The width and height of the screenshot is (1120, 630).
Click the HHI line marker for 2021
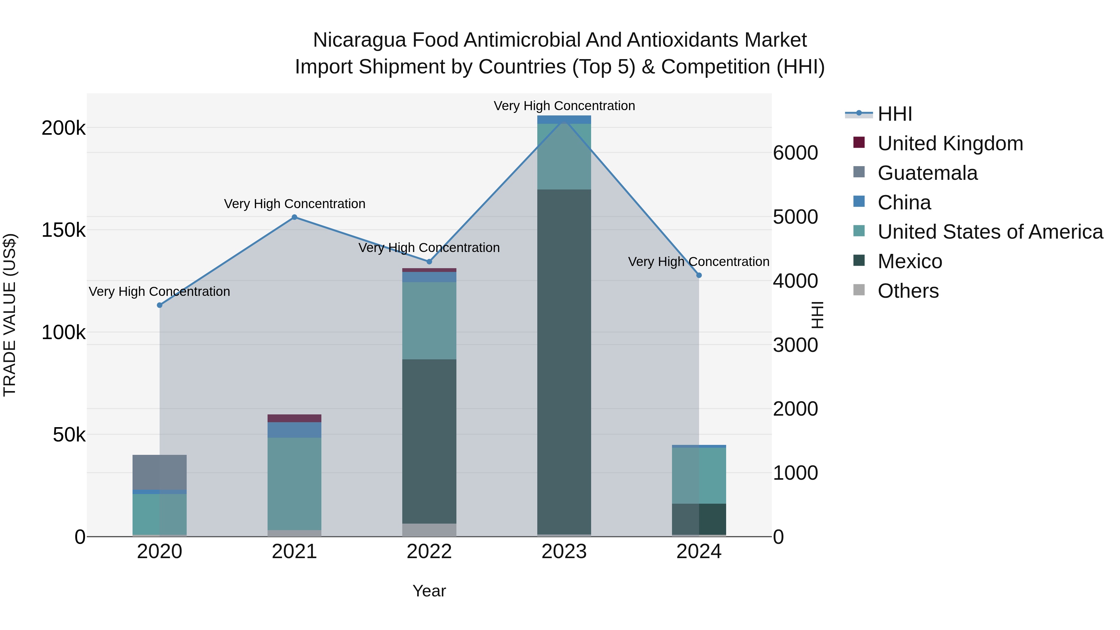point(294,217)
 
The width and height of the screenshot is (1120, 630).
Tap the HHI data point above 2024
point(699,275)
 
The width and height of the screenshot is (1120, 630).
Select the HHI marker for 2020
point(160,305)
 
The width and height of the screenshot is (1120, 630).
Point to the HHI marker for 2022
point(429,262)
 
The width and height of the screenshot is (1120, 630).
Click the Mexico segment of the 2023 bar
point(564,361)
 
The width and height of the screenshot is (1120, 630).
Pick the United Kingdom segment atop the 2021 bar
point(294,418)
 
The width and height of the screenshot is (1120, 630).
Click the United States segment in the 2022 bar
point(429,320)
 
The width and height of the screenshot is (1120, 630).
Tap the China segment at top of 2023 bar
point(564,119)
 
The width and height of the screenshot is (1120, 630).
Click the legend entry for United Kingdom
point(950,143)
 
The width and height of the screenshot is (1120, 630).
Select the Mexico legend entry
point(910,261)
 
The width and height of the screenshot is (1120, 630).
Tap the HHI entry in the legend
point(894,114)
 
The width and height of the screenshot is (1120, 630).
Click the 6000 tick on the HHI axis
point(795,153)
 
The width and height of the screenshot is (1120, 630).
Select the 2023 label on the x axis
point(564,552)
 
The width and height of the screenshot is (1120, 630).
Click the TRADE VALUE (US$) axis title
point(10,315)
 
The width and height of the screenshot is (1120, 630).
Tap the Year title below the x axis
point(429,591)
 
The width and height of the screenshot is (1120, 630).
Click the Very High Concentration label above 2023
point(564,106)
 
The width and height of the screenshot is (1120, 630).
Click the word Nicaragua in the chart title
point(359,40)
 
